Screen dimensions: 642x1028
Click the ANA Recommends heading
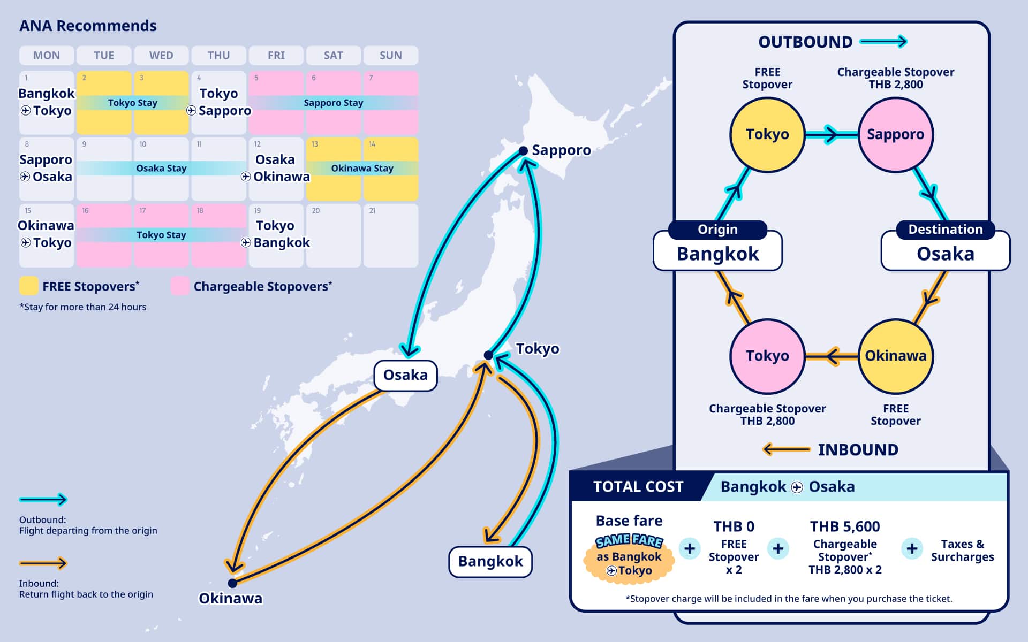click(88, 26)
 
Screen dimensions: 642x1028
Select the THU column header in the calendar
click(218, 55)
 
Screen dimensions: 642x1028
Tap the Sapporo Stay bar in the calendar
click(333, 103)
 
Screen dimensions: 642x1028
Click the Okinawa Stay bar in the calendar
click(362, 169)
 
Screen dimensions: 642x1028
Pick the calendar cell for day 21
click(390, 235)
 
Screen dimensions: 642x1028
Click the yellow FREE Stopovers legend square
click(29, 286)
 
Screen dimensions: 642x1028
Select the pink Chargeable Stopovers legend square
click(180, 286)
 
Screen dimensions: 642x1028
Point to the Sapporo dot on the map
click(523, 151)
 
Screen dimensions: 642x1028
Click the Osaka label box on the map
click(405, 375)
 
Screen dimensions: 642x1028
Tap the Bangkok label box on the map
click(490, 561)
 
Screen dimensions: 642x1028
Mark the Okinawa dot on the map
click(232, 583)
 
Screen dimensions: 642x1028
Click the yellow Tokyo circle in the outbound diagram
click(767, 134)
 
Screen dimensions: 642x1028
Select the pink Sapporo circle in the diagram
click(895, 134)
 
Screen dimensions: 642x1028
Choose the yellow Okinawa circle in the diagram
click(895, 356)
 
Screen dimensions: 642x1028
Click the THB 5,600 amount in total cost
click(844, 526)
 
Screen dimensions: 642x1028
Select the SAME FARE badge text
click(629, 541)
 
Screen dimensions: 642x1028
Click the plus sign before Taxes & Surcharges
click(912, 548)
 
